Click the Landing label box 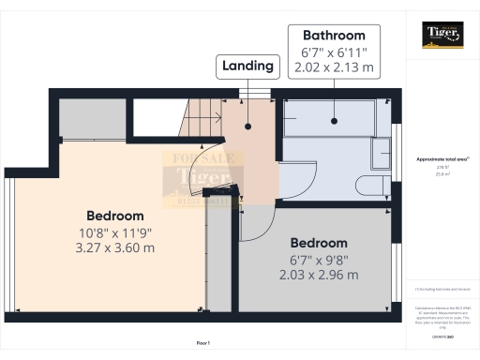247,66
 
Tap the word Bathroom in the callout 328,35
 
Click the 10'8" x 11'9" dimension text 115,232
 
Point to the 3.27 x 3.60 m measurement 115,247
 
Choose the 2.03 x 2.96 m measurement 319,275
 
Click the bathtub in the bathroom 328,120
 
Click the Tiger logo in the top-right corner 442,36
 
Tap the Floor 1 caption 203,343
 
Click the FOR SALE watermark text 199,158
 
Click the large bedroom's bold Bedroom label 115,215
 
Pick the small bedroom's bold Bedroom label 319,243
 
